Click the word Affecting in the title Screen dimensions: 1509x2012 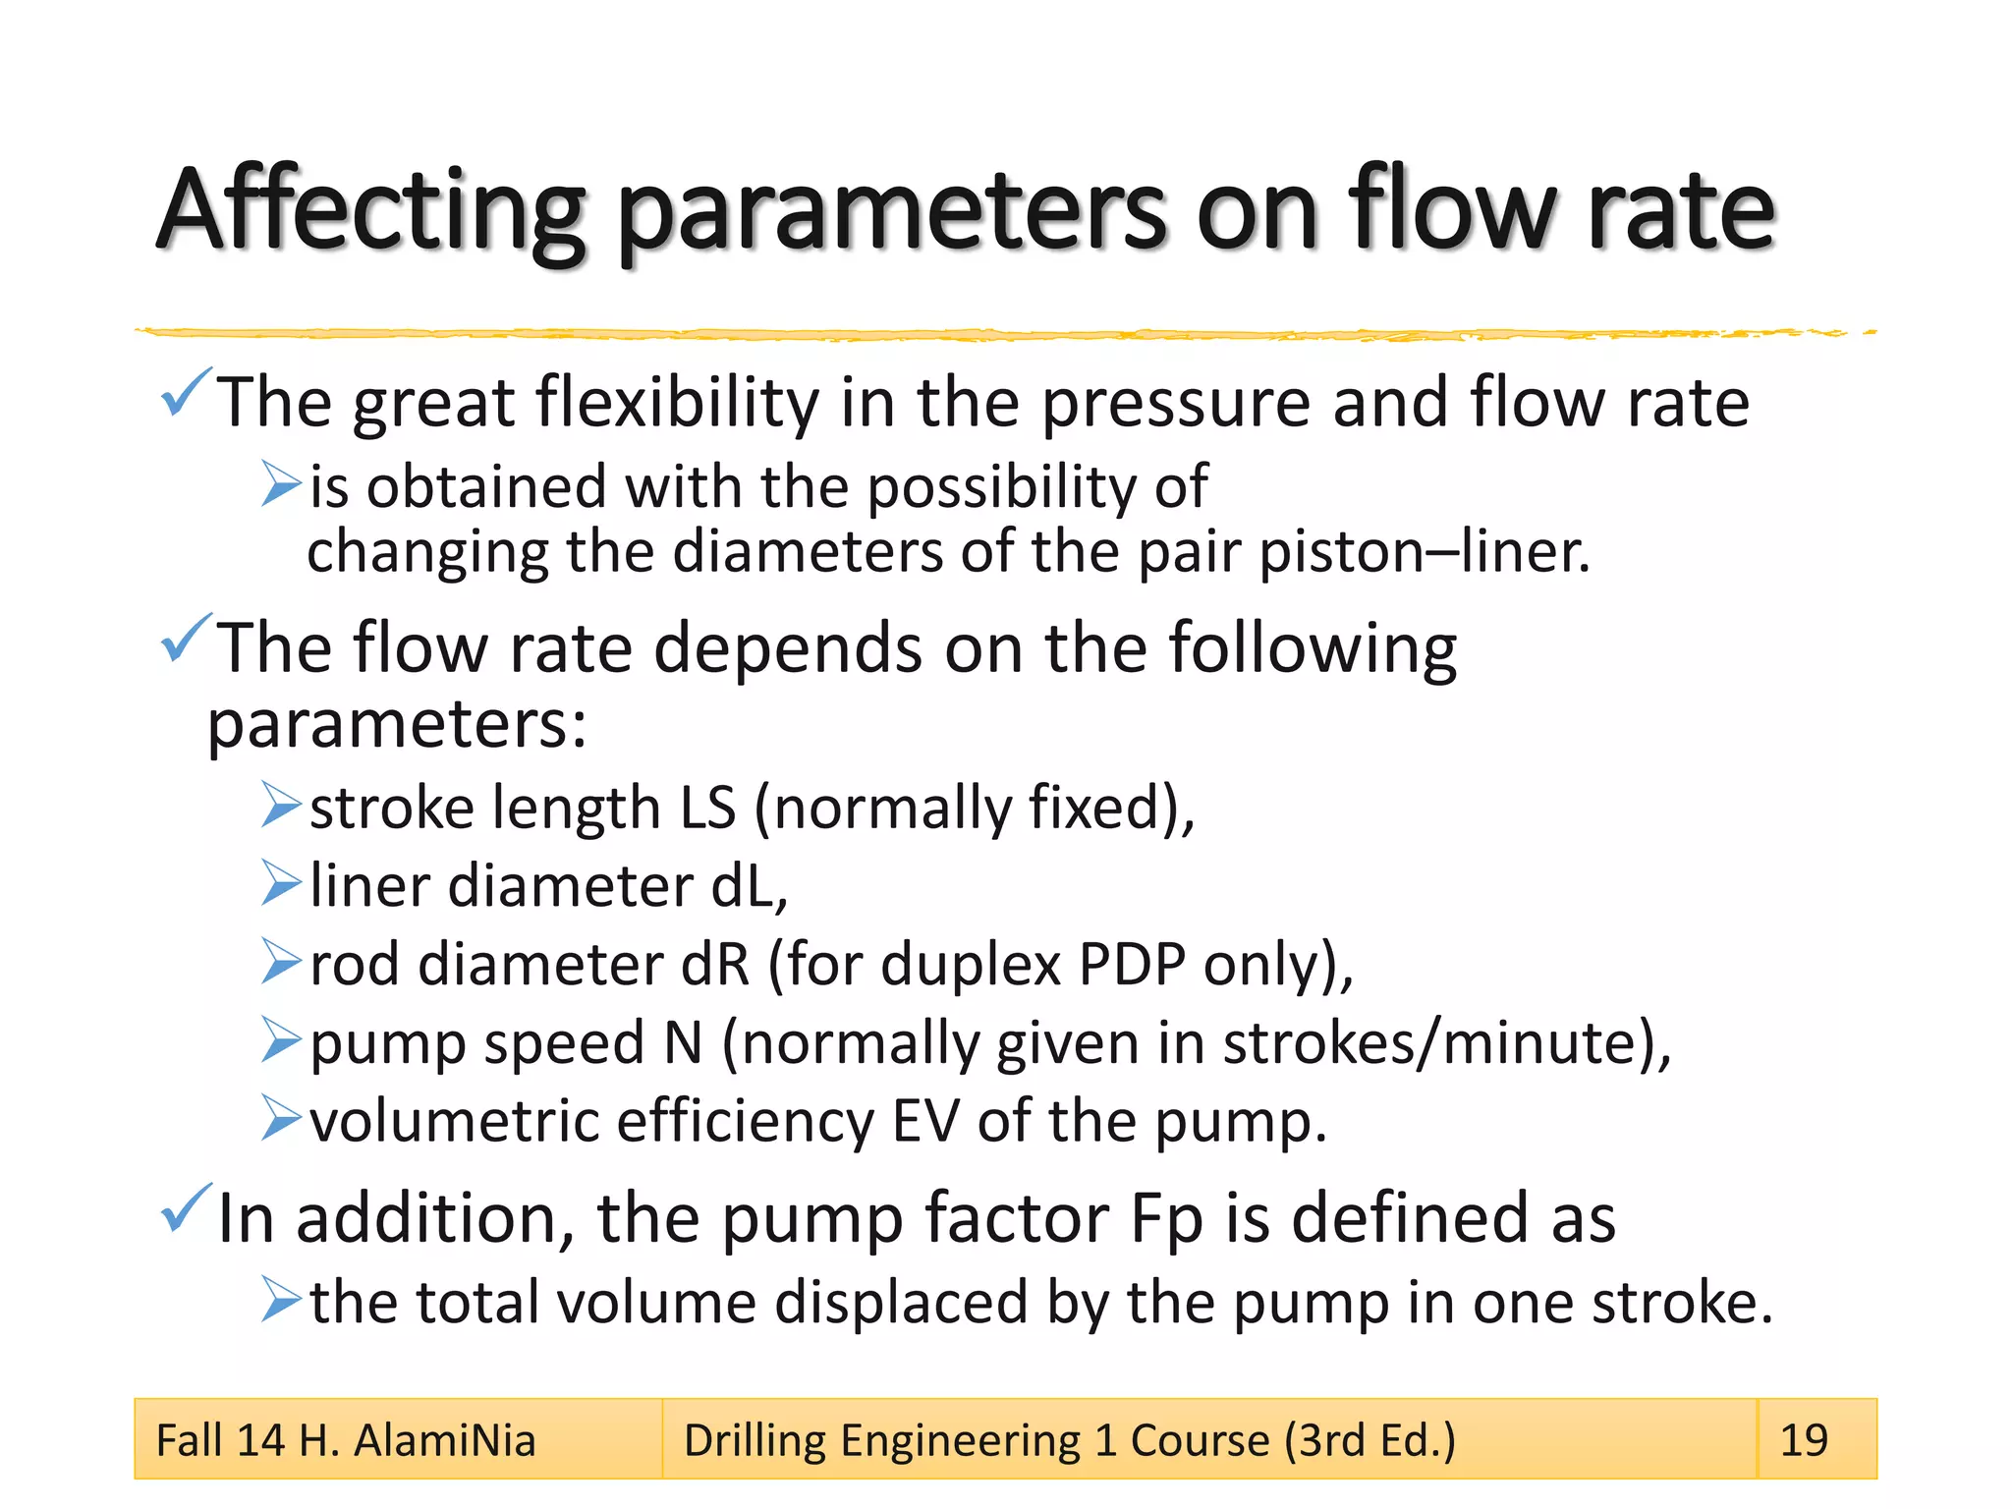pyautogui.click(x=371, y=211)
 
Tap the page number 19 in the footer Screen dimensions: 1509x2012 pyautogui.click(x=1804, y=1440)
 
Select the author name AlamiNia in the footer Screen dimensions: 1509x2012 pyautogui.click(x=444, y=1440)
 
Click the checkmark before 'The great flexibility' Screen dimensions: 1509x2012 pyautogui.click(x=186, y=393)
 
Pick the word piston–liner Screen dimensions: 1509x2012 pyautogui.click(x=1424, y=552)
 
